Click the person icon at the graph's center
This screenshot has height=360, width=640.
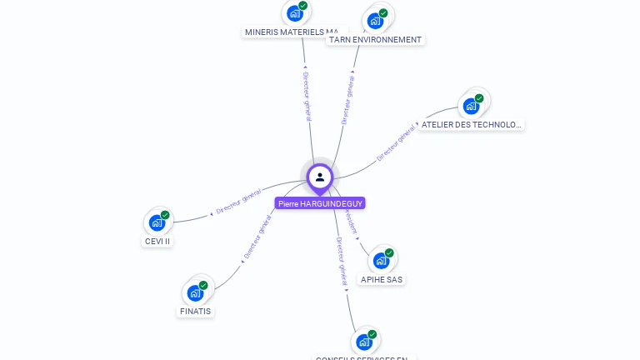[x=320, y=177]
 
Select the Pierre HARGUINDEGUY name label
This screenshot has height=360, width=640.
[x=321, y=203]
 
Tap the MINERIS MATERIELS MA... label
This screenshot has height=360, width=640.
[x=291, y=32]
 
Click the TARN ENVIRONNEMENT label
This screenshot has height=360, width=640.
[x=374, y=39]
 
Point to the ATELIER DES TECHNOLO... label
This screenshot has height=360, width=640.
[x=472, y=124]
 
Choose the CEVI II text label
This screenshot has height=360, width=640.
[x=157, y=242]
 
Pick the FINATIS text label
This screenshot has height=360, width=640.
[x=196, y=311]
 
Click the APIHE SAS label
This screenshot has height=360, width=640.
[x=382, y=280]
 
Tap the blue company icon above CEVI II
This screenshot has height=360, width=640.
[x=157, y=222]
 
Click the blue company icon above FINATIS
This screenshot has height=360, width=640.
[x=195, y=292]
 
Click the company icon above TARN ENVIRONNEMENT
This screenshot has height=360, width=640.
[x=375, y=21]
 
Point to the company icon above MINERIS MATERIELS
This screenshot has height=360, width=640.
[x=294, y=13]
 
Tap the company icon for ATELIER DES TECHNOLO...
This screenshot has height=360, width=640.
[x=471, y=106]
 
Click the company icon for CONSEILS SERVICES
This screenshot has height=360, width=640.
[x=363, y=342]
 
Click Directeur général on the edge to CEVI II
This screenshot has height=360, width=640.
[x=238, y=200]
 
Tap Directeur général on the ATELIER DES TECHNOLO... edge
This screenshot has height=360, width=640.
[x=396, y=142]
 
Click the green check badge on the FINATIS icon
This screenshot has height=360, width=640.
[x=203, y=285]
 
